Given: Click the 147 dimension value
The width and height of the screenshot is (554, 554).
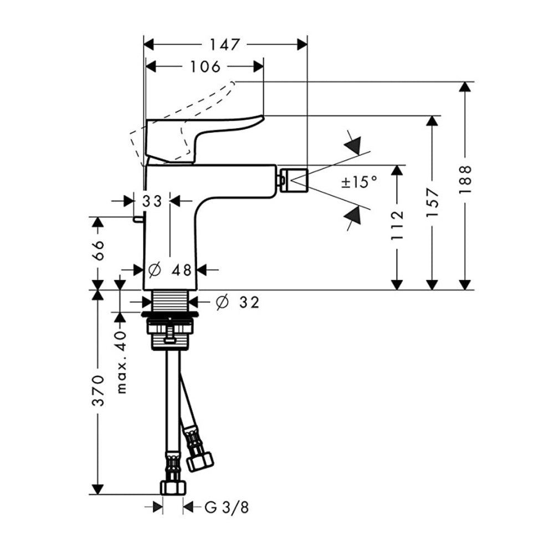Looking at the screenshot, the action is click(225, 45).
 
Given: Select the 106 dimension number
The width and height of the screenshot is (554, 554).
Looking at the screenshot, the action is click(206, 66).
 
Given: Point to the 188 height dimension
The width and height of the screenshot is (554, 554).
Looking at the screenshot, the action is click(465, 179).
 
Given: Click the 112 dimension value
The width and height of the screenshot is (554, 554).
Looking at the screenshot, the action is click(397, 225).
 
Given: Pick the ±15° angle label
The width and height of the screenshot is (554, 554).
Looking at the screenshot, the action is click(359, 182).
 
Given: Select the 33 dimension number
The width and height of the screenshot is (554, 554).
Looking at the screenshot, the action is click(152, 202).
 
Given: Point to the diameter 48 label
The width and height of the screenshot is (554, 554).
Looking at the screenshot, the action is click(170, 270).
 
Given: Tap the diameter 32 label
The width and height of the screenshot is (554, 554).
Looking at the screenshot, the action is click(238, 302).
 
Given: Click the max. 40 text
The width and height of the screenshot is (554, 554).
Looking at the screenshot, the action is click(121, 362).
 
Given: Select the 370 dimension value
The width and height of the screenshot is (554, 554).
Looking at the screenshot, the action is click(98, 391).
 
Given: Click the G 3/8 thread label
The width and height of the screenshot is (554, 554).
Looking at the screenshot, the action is click(227, 507).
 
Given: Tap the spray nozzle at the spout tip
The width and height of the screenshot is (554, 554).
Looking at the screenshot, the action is click(293, 181).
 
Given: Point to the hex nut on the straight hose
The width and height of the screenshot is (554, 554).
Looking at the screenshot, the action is click(173, 488).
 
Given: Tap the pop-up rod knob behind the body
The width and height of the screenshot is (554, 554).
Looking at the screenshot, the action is click(138, 219).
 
